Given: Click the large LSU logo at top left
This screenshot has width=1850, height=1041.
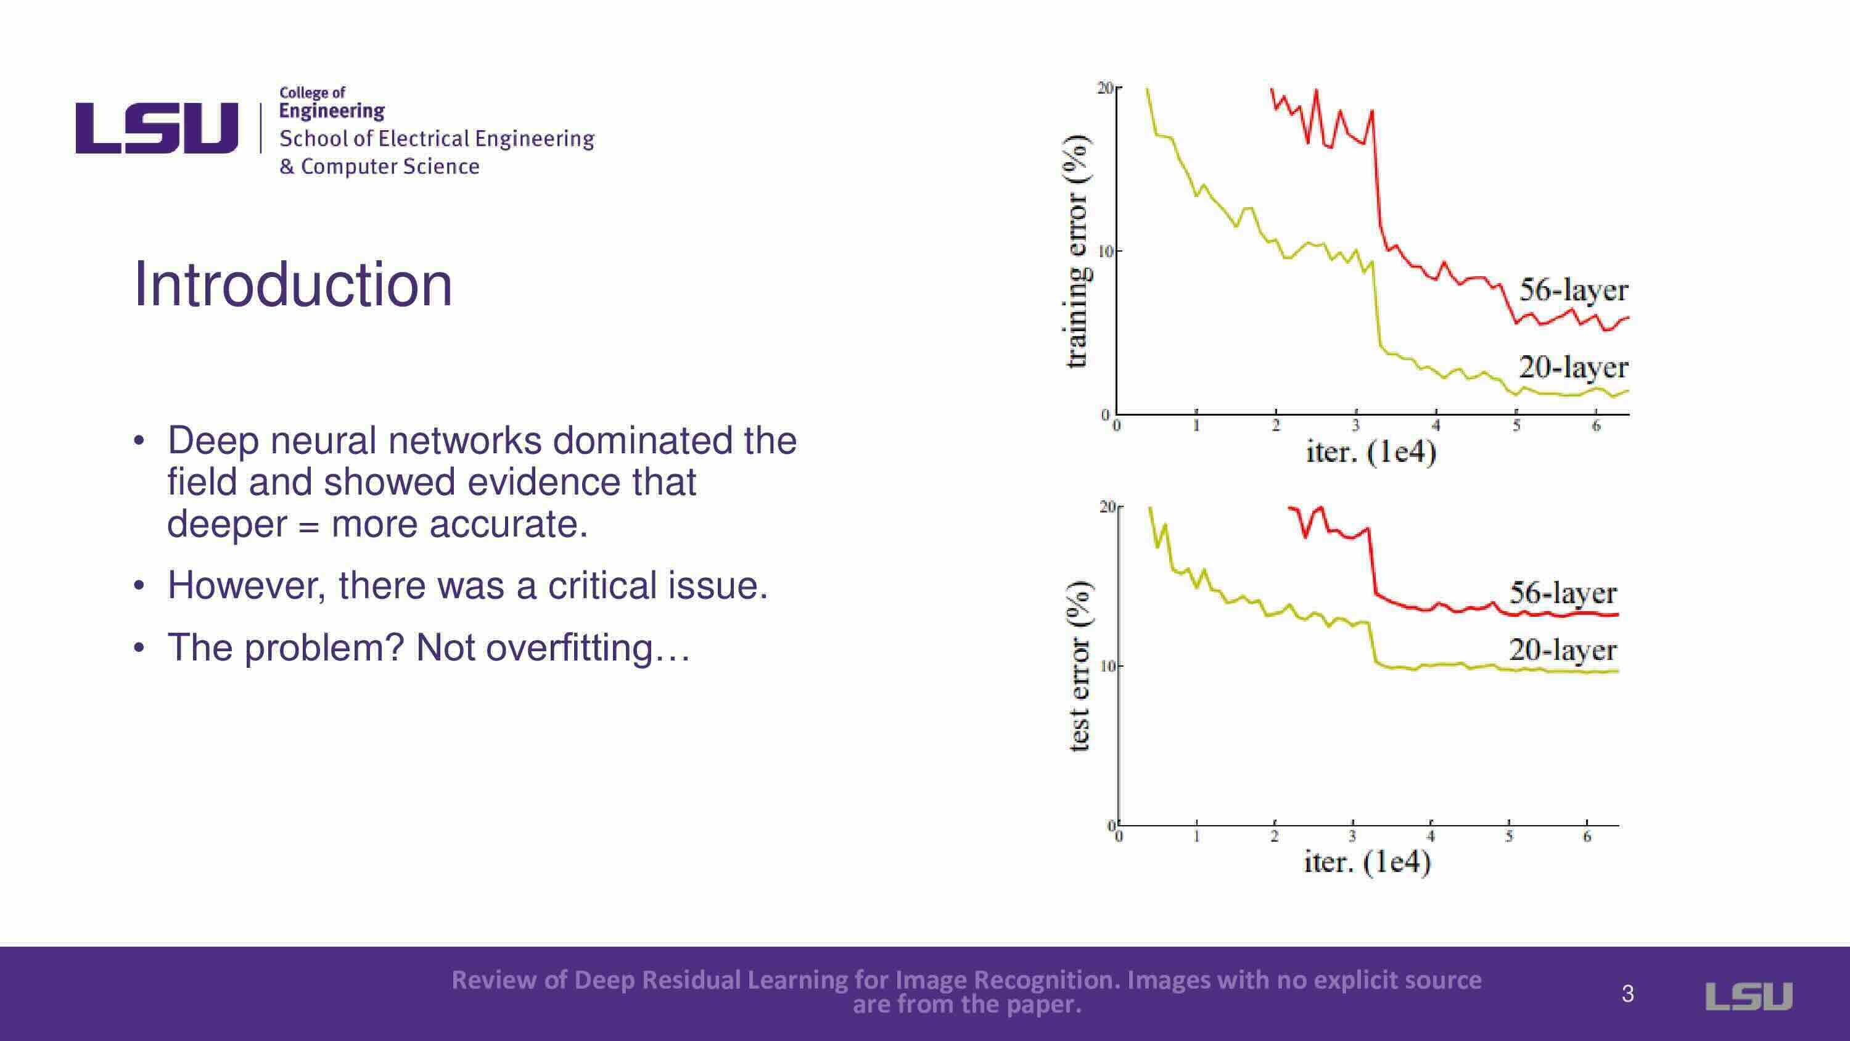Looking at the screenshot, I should pyautogui.click(x=157, y=128).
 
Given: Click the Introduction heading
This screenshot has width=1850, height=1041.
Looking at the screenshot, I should pyautogui.click(x=293, y=285).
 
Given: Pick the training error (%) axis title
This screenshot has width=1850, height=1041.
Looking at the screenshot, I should pyautogui.click(x=1077, y=252).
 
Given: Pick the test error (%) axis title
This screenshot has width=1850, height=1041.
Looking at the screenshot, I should pyautogui.click(x=1079, y=665).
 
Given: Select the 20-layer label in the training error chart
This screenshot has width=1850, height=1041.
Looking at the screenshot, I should pyautogui.click(x=1572, y=367).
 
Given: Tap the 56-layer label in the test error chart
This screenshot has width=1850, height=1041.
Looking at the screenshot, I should pyautogui.click(x=1563, y=593).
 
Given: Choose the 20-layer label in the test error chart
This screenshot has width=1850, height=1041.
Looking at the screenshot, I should pyautogui.click(x=1563, y=650).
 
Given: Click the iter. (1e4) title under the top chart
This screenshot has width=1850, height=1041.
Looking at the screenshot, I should pyautogui.click(x=1370, y=453).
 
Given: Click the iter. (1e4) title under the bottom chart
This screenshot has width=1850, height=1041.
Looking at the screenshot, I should pyautogui.click(x=1367, y=862).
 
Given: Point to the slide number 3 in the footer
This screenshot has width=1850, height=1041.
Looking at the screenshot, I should pyautogui.click(x=1628, y=994).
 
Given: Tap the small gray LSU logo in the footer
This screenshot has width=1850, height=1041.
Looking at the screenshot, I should pyautogui.click(x=1749, y=996).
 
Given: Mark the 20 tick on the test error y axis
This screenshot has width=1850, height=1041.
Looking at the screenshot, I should pyautogui.click(x=1108, y=507).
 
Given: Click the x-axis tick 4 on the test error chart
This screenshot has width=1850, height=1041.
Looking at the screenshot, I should pyautogui.click(x=1431, y=836).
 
